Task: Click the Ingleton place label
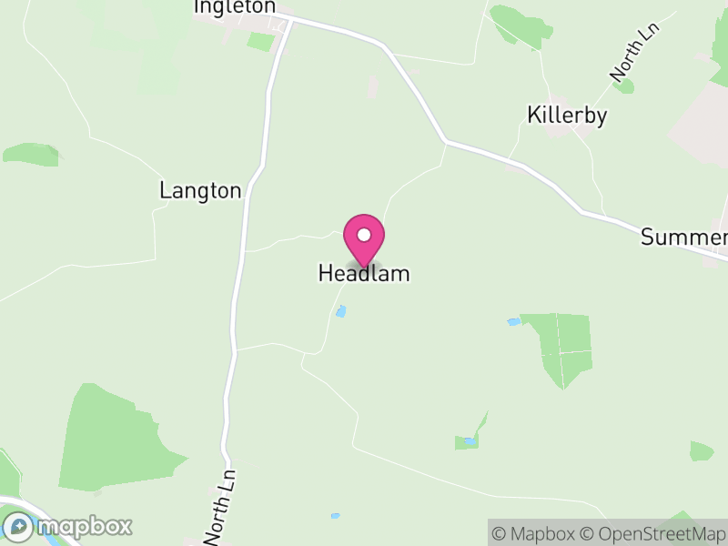[x=234, y=7]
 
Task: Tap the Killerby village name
[x=567, y=116]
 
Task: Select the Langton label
[x=200, y=191]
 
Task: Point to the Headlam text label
[x=364, y=273]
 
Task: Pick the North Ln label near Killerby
[x=633, y=52]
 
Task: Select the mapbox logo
[x=68, y=526]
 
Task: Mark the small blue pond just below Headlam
[x=341, y=311]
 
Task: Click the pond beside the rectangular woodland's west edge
[x=513, y=322]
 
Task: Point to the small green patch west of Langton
[x=31, y=154]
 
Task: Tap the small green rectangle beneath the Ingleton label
[x=260, y=41]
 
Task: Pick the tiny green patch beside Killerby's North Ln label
[x=624, y=86]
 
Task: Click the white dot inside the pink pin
[x=364, y=235]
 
